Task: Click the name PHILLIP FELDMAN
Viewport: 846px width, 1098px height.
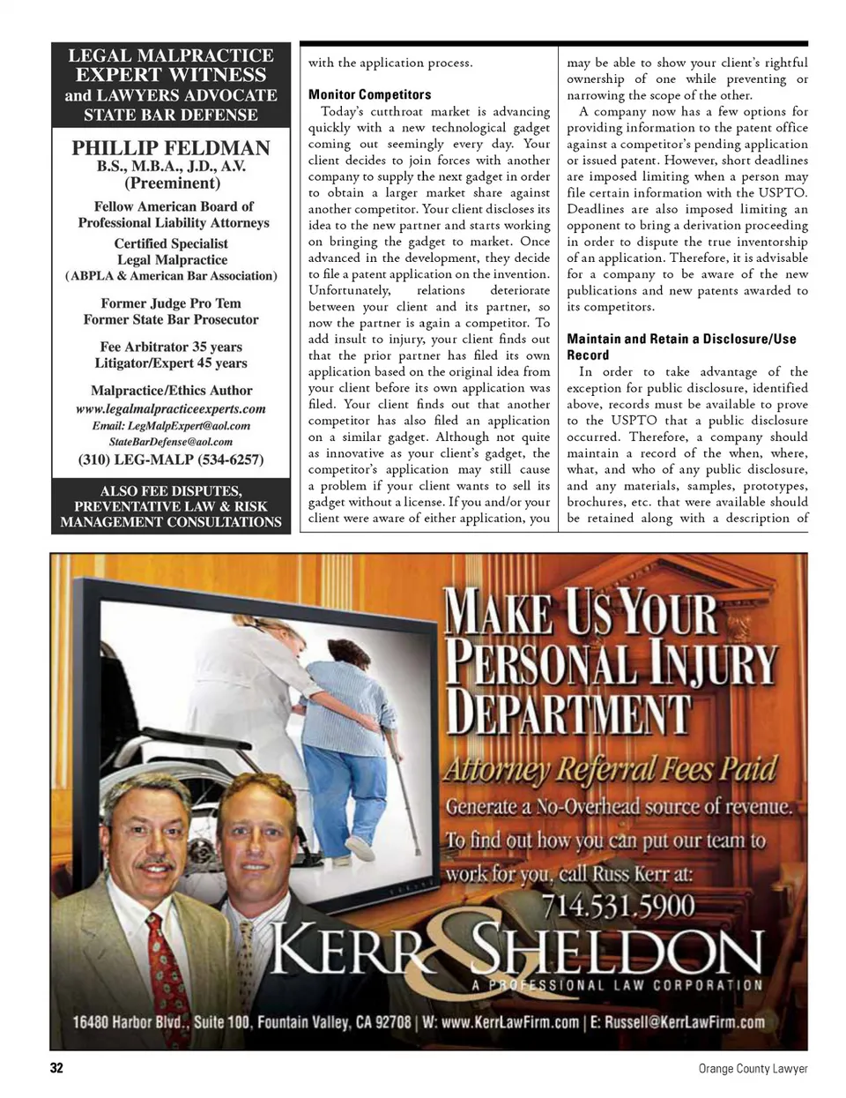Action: pos(171,148)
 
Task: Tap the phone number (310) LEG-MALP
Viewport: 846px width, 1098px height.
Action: pos(171,459)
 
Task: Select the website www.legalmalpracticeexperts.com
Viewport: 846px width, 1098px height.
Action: pos(171,408)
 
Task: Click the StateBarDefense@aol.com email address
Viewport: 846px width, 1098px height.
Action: pos(171,442)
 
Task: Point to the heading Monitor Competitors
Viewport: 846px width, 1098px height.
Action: pos(370,94)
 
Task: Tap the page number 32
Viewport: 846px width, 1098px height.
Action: pos(56,1068)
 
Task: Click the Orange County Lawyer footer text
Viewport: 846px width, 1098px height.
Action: pos(753,1068)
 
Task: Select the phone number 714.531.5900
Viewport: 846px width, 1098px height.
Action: pos(618,906)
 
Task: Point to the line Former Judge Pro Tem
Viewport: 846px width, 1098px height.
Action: pos(171,303)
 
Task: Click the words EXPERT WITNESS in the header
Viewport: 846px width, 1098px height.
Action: pos(171,75)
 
